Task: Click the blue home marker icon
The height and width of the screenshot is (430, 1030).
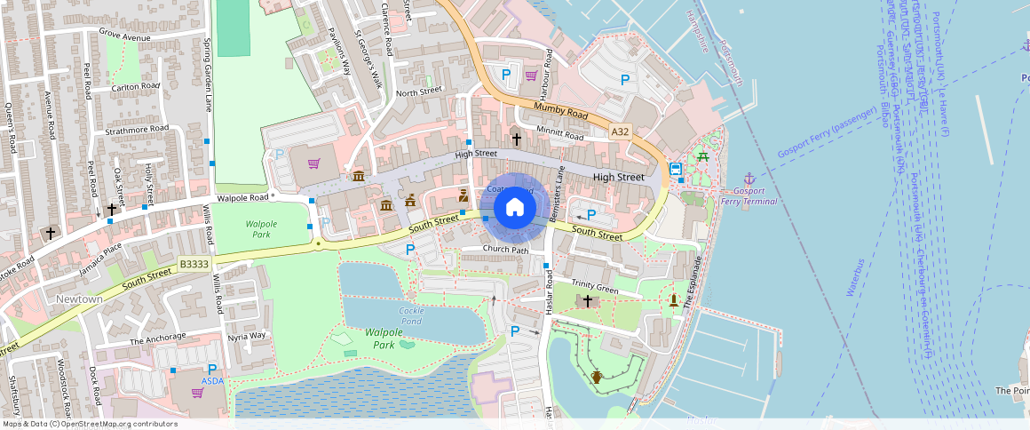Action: (514, 208)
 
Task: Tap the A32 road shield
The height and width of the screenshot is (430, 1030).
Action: (620, 131)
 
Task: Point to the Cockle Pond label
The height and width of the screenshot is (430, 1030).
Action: (411, 315)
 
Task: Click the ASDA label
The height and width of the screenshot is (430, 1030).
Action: (212, 381)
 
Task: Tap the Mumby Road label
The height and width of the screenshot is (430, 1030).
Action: (561, 111)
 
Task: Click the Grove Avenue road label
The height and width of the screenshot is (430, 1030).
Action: (125, 36)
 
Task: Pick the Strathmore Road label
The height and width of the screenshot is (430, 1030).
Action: (136, 129)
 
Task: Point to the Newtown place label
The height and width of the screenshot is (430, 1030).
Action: (80, 299)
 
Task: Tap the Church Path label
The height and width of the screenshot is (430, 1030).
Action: (505, 249)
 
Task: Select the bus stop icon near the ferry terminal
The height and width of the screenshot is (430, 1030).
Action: (675, 169)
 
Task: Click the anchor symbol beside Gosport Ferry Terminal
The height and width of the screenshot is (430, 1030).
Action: (749, 179)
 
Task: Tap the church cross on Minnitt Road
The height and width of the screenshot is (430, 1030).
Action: (516, 139)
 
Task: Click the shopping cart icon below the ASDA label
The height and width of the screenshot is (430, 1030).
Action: (198, 392)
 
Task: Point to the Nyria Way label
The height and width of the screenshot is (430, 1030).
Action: (246, 336)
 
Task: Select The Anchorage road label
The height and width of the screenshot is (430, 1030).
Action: (158, 338)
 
